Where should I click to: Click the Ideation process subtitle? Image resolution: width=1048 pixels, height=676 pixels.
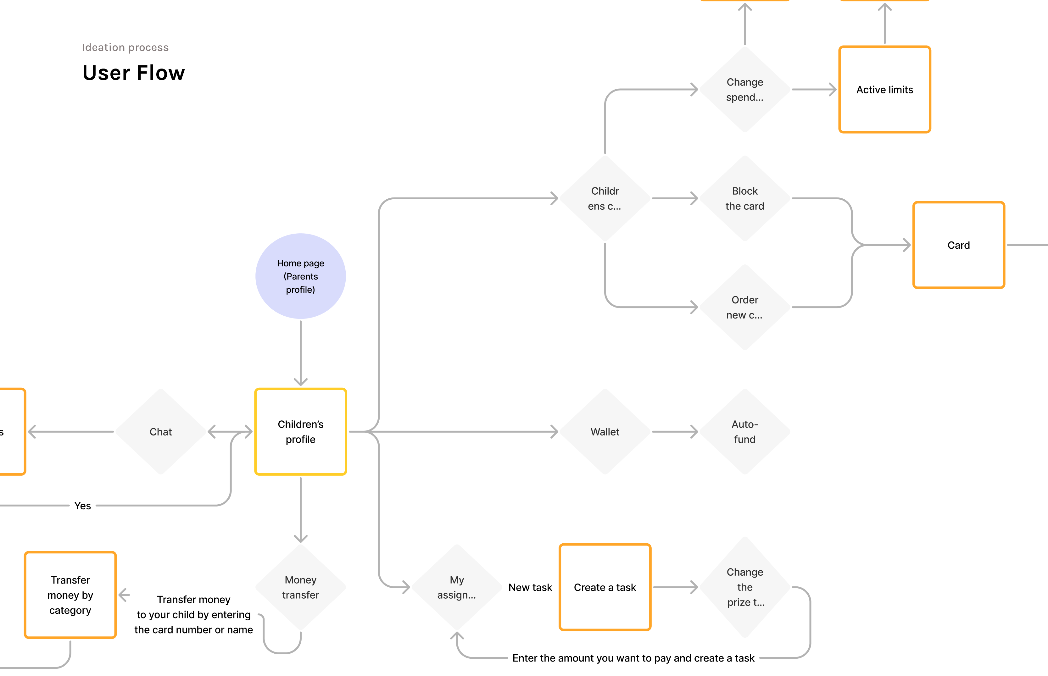(x=125, y=47)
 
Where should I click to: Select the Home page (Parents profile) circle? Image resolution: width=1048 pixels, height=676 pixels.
(x=300, y=276)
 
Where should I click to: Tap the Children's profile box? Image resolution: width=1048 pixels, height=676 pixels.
(x=300, y=431)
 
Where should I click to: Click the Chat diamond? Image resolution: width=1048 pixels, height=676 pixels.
(x=161, y=431)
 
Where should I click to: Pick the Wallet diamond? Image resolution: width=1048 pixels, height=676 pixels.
(x=605, y=431)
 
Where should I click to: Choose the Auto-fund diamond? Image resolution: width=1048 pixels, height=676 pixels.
(x=744, y=431)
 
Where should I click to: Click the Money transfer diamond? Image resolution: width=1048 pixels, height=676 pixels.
(x=300, y=587)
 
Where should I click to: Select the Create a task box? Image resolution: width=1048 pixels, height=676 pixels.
(x=605, y=587)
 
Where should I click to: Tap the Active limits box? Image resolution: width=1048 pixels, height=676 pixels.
(x=884, y=90)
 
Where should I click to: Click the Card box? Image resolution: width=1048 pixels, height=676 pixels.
(x=958, y=245)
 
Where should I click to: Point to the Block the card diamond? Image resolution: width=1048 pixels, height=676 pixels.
(x=744, y=198)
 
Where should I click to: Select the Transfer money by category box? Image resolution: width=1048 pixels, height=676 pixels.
(x=70, y=595)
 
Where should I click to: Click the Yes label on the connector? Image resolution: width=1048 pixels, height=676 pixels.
(x=82, y=506)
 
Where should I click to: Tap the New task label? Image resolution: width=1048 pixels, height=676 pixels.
(x=530, y=587)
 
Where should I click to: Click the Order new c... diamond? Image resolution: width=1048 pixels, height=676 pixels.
(x=744, y=307)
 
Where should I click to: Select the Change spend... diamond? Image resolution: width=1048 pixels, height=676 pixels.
(x=744, y=90)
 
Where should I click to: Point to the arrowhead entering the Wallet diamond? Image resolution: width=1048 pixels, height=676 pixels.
(x=555, y=431)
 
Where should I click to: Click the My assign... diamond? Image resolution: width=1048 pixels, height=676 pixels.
(x=457, y=587)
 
